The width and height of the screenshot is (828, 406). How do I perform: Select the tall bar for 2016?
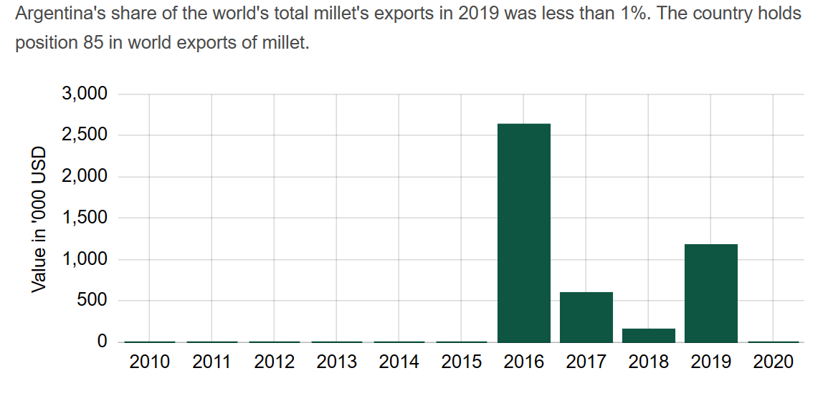pos(524,233)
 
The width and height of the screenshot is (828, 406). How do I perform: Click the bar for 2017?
pos(586,317)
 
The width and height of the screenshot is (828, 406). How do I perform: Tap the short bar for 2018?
pos(649,335)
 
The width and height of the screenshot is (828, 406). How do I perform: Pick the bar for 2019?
pos(711,294)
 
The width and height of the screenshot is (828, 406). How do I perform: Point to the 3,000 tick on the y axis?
pos(84,94)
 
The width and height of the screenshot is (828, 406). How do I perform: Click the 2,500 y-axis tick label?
pos(84,135)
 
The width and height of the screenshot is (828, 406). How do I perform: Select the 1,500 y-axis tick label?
pos(84,218)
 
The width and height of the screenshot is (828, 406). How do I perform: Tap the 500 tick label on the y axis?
pos(92,301)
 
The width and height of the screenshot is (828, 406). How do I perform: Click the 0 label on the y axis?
pos(102,342)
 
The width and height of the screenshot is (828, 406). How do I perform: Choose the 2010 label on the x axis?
pos(150,362)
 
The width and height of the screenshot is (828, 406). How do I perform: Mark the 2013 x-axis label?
pos(337,362)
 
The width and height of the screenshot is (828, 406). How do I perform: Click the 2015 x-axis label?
pos(462,362)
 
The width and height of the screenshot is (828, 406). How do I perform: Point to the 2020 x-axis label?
pos(774,362)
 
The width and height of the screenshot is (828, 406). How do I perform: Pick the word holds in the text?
pos(781,14)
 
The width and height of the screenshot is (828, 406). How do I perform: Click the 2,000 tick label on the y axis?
pos(84,177)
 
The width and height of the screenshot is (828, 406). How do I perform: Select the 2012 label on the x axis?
pos(275,362)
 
